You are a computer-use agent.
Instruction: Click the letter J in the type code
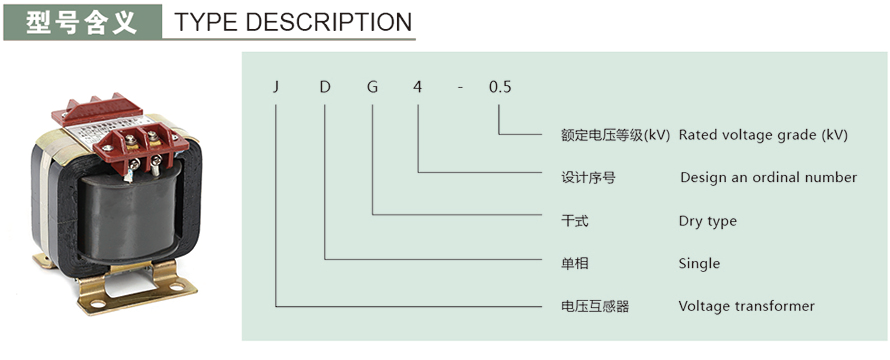pyautogui.click(x=277, y=88)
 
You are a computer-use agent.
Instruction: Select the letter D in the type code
pyautogui.click(x=325, y=88)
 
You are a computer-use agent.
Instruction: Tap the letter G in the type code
pyautogui.click(x=372, y=88)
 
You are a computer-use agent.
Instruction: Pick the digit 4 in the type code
pyautogui.click(x=417, y=88)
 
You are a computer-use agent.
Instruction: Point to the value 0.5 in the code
pyautogui.click(x=499, y=88)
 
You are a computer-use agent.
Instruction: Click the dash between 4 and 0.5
pyautogui.click(x=460, y=88)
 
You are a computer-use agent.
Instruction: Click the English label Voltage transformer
pyautogui.click(x=746, y=306)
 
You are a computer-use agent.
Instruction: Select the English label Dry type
pyautogui.click(x=707, y=221)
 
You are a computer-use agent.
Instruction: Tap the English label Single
pyautogui.click(x=699, y=264)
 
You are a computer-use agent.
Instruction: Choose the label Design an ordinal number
pyautogui.click(x=768, y=177)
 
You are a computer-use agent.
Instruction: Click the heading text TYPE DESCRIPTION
pyautogui.click(x=293, y=22)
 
